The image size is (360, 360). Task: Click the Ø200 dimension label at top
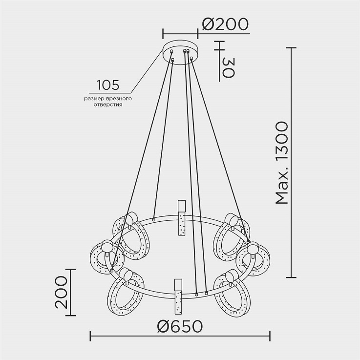(225, 24)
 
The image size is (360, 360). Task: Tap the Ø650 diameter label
(180, 326)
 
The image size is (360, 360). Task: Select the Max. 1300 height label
(281, 163)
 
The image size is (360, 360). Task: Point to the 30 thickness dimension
(229, 68)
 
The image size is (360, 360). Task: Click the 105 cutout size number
(108, 85)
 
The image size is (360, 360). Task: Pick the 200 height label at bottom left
(62, 292)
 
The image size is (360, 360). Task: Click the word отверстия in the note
(108, 105)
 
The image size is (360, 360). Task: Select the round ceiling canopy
(180, 52)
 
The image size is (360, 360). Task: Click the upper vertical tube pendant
(182, 218)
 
